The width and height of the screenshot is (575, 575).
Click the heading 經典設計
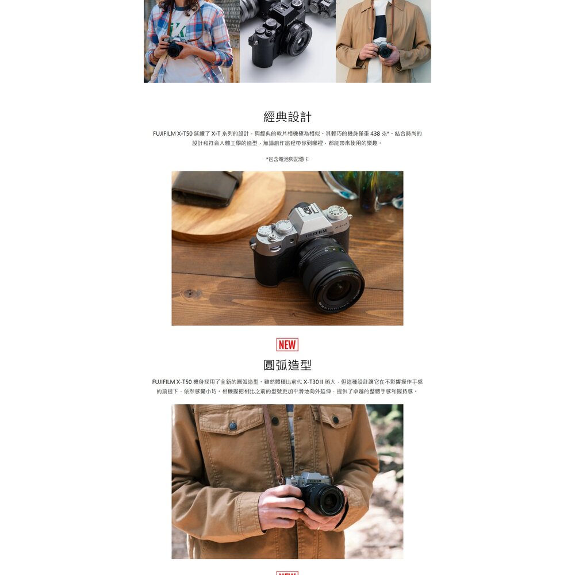pyautogui.click(x=287, y=117)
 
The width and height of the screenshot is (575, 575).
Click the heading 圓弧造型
pyautogui.click(x=287, y=365)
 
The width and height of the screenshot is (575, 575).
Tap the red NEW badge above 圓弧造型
pyautogui.click(x=287, y=344)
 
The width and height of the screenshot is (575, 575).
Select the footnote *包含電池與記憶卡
pyautogui.click(x=287, y=159)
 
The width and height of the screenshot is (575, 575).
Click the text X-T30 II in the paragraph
pyautogui.click(x=316, y=382)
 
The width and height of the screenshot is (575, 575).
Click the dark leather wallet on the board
pyautogui.click(x=205, y=188)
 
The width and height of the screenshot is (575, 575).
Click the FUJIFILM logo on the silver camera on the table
pyautogui.click(x=316, y=233)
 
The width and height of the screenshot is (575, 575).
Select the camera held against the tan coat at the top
pyautogui.click(x=383, y=49)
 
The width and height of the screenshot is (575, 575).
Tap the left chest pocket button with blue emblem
pyautogui.click(x=233, y=425)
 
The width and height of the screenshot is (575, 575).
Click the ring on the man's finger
pyautogui.click(x=319, y=528)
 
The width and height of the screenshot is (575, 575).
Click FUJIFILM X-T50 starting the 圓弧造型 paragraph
pyautogui.click(x=172, y=382)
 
